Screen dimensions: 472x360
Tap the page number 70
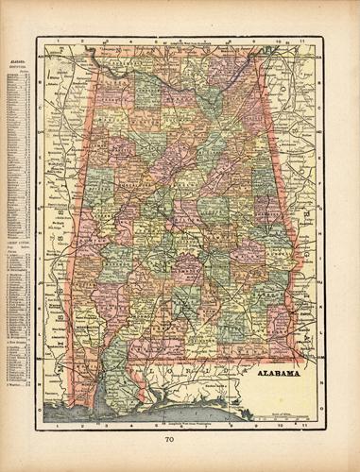click(x=179, y=438)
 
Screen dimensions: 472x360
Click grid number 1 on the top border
click(x=59, y=41)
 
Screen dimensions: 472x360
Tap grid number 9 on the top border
click(x=256, y=41)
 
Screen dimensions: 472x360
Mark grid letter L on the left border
click(x=40, y=321)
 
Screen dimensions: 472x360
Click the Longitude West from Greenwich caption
click(x=180, y=42)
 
